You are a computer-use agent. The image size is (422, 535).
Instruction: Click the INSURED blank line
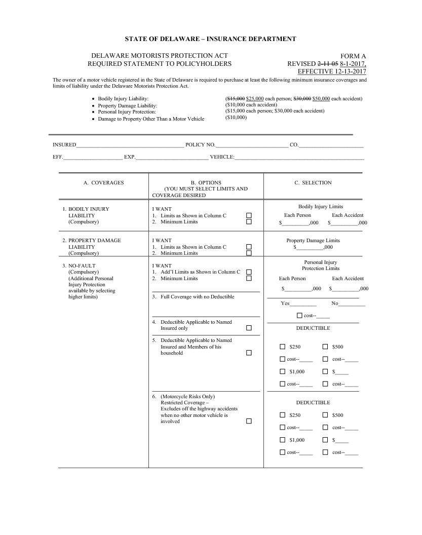(x=130, y=145)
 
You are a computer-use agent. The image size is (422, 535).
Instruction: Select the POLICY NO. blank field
(x=252, y=145)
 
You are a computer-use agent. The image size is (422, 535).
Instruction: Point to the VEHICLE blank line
(x=299, y=158)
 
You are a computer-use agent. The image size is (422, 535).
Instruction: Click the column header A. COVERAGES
(x=103, y=183)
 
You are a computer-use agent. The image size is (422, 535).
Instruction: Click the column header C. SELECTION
(x=313, y=183)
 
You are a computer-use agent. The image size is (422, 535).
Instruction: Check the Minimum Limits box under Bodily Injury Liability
(x=249, y=222)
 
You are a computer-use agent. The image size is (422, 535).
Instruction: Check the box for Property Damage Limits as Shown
(x=249, y=247)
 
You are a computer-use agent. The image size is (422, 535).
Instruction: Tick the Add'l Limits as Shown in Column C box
(x=249, y=272)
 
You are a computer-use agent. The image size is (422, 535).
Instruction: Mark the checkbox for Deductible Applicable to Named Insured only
(x=249, y=328)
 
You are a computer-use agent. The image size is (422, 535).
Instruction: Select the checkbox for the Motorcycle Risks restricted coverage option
(x=249, y=422)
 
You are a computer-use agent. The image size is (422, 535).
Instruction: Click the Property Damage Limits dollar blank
(x=310, y=248)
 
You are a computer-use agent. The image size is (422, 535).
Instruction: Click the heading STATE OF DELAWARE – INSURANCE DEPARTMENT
(x=210, y=39)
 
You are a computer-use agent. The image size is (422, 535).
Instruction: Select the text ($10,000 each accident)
(x=251, y=105)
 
